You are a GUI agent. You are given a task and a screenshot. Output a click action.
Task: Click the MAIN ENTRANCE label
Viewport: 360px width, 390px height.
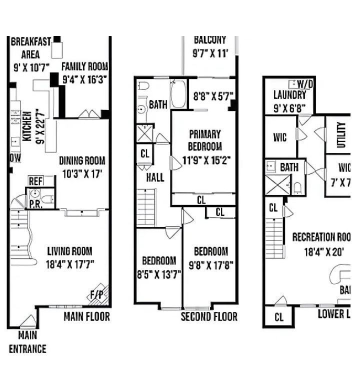tap(27, 342)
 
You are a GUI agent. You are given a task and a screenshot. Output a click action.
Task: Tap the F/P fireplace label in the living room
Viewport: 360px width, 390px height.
tap(96, 294)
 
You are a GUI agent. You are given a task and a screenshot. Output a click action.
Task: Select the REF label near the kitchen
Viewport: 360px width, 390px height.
tap(35, 181)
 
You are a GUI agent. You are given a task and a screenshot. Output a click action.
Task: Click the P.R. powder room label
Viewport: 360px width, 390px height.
tap(35, 203)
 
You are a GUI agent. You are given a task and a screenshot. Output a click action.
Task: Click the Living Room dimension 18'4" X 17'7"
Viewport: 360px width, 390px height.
tap(69, 263)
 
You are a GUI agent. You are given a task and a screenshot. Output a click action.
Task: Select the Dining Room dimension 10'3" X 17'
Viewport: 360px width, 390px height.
tap(82, 173)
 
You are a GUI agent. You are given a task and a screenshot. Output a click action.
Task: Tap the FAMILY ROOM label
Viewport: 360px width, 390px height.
tap(85, 66)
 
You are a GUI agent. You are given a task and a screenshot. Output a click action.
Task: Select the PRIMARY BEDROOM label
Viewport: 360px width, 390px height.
tap(204, 140)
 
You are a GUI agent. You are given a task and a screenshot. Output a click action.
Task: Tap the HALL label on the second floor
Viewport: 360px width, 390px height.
tap(155, 177)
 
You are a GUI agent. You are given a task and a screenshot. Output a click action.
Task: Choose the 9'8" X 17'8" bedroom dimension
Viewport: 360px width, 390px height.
tap(210, 264)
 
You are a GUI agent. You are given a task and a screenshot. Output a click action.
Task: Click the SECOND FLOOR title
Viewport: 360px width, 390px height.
tap(209, 316)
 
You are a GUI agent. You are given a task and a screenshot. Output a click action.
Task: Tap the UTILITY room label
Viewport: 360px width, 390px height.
tap(341, 134)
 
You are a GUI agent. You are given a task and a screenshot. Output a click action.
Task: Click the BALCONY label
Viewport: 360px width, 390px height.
tap(210, 39)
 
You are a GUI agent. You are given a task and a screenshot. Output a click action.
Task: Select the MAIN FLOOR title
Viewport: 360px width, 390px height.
tap(86, 316)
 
